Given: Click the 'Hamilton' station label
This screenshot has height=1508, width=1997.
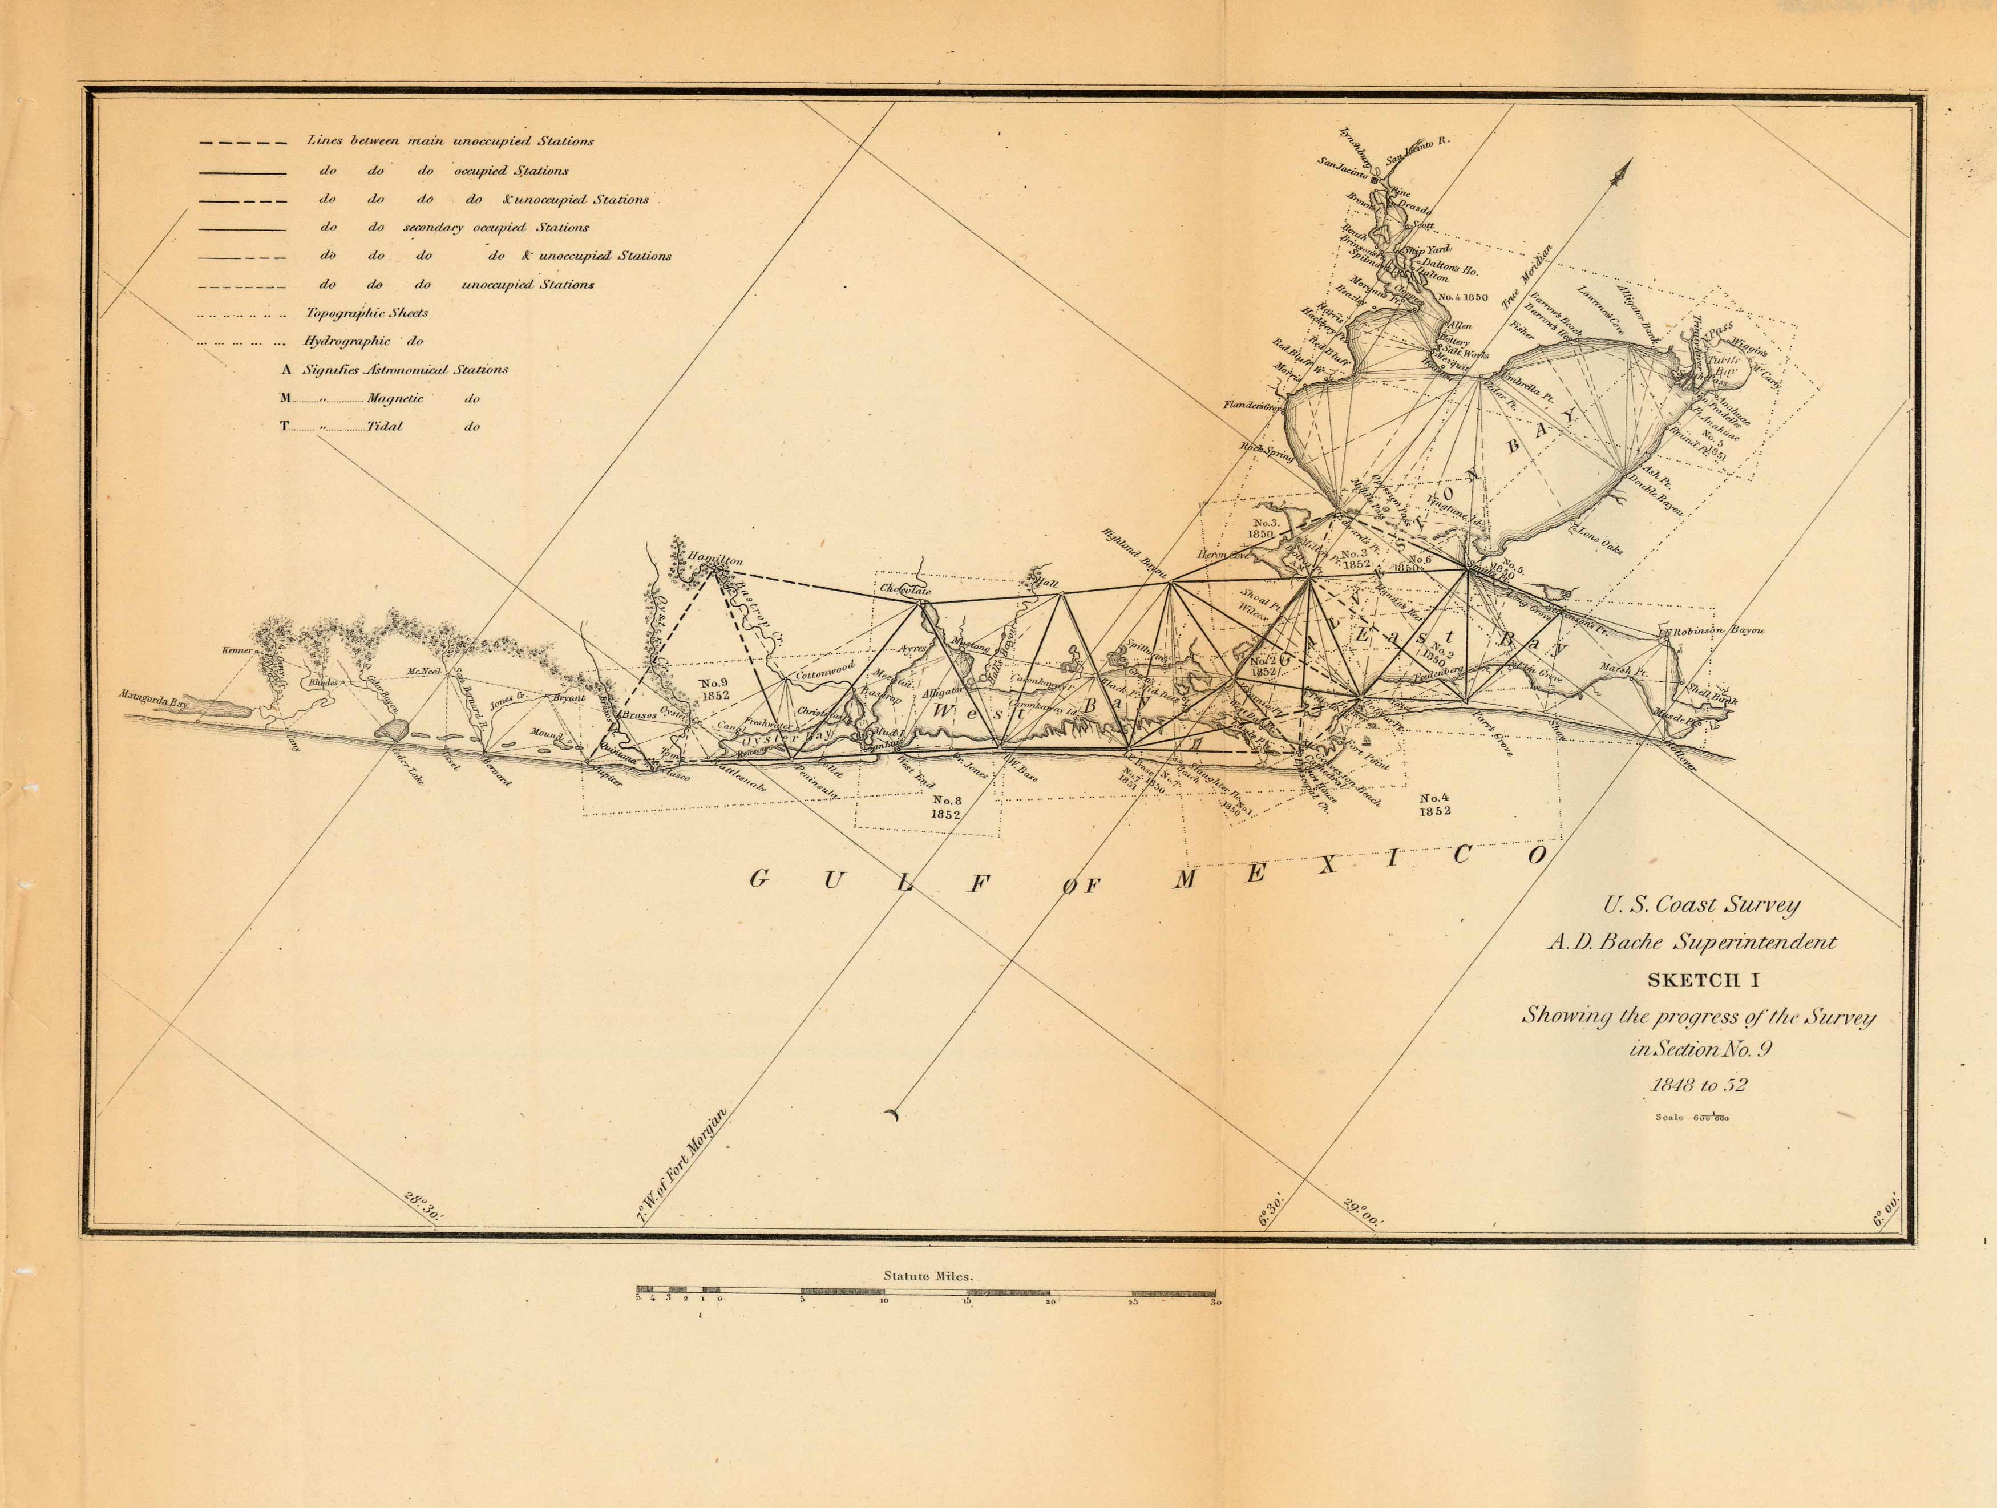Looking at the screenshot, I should click(x=714, y=560).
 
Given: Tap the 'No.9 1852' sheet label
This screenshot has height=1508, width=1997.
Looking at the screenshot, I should click(x=714, y=689).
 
